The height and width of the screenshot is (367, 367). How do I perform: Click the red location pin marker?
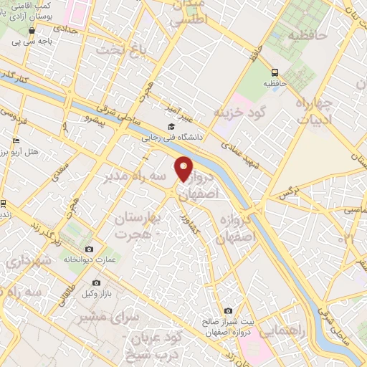184,168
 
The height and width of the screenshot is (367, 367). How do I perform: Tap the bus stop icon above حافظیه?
276,72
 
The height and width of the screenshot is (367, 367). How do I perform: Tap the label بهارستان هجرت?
141,226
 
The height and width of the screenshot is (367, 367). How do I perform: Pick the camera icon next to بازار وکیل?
96,283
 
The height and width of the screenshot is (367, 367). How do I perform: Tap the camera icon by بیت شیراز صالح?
228,311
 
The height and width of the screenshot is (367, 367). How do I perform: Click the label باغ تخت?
127,49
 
